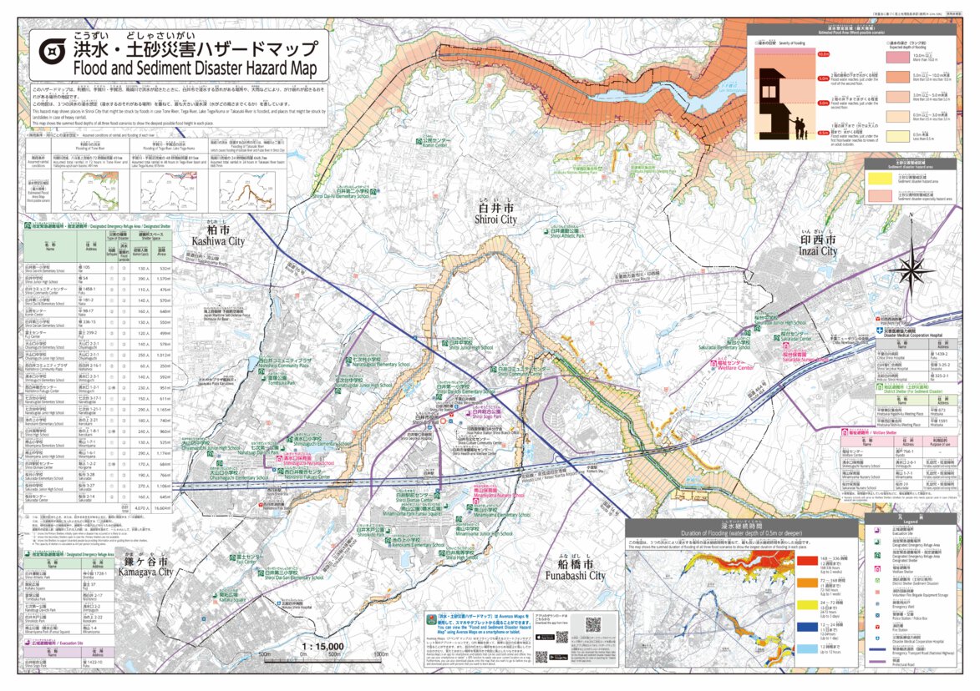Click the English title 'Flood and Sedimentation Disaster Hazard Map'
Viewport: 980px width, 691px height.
[195, 68]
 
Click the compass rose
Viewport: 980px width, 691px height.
[911, 267]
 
